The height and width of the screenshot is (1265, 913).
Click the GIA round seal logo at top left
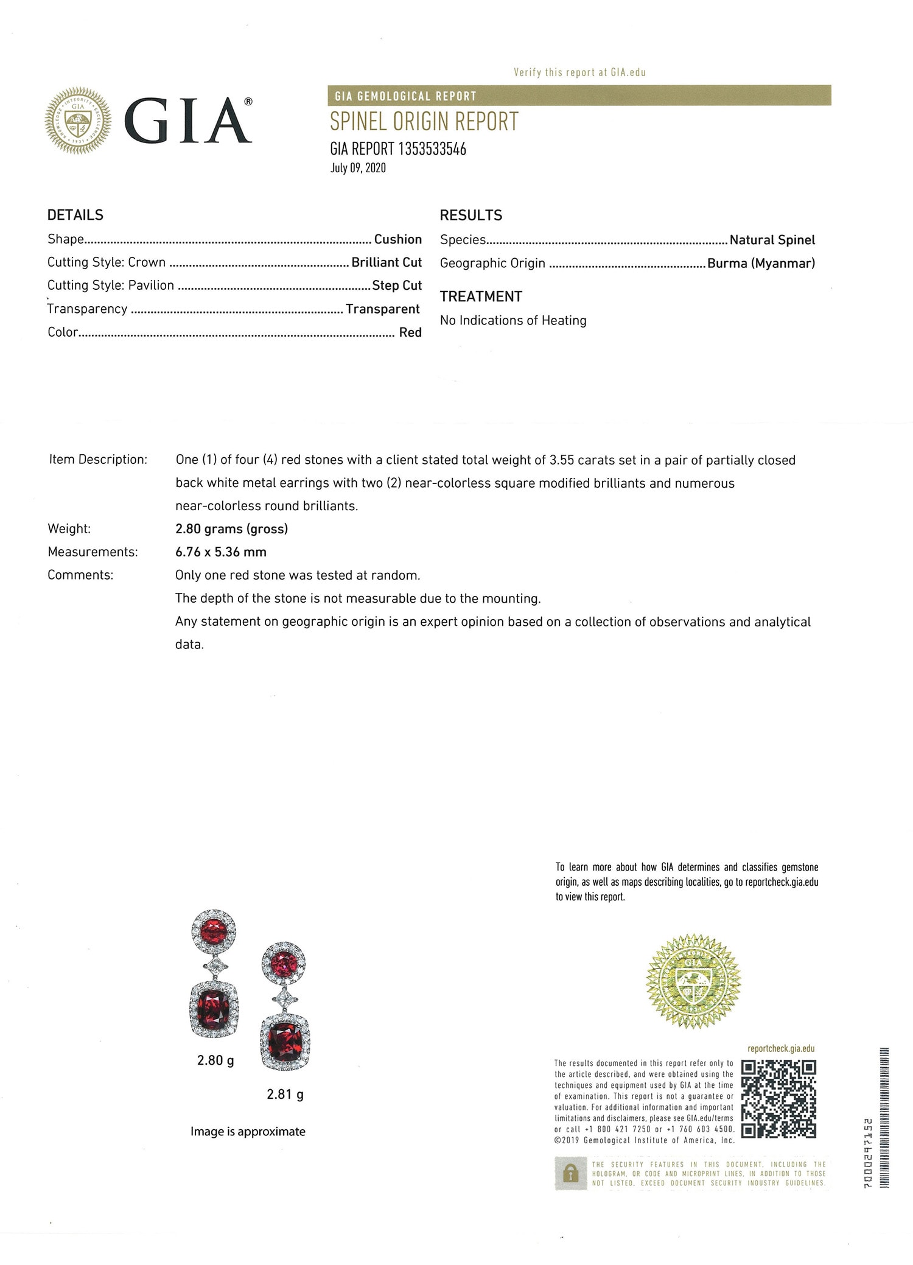78,120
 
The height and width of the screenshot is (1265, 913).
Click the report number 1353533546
432,149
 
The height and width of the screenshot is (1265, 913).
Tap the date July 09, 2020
358,168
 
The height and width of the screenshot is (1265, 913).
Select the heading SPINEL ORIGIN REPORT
424,122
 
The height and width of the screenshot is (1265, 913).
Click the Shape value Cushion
397,239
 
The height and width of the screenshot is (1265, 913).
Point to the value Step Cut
397,286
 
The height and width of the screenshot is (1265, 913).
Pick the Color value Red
410,332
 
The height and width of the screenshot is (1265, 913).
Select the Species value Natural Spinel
772,240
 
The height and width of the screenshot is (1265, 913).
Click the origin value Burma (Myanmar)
761,263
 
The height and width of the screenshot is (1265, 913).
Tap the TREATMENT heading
481,296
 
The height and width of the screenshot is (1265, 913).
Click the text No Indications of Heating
513,320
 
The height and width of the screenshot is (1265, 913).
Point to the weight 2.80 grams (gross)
231,528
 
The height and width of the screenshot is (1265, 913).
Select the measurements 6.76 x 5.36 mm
221,552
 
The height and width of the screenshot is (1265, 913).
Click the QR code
778,1098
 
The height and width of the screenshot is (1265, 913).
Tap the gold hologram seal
693,981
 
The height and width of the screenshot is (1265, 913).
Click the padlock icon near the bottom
570,1173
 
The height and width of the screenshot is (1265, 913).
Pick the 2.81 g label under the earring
285,1094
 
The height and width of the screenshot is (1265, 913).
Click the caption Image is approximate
248,1131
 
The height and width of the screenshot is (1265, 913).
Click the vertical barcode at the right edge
884,1117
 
